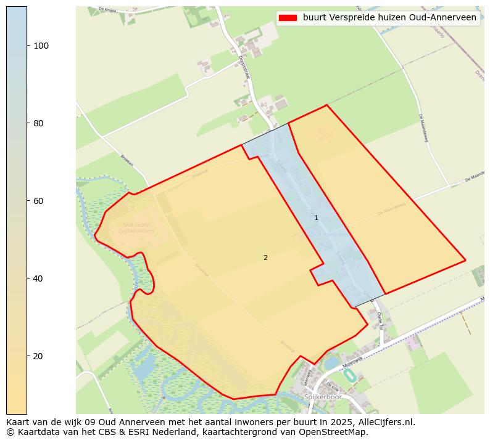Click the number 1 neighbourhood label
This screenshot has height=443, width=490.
point(316,218)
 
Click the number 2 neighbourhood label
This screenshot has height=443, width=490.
point(265,258)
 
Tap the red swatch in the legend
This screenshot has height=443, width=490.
point(288,18)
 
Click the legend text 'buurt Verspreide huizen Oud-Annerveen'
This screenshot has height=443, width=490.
point(389,18)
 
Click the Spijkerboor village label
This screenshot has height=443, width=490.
point(322,397)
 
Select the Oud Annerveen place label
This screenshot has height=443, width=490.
point(329,235)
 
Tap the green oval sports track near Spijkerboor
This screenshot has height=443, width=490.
point(349,375)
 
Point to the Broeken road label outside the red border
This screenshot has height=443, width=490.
point(127,161)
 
